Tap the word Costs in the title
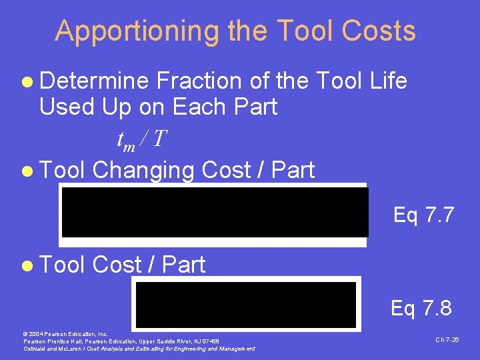(379, 31)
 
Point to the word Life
(386, 81)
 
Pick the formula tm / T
(141, 140)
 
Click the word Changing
(143, 170)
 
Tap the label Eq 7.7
(424, 215)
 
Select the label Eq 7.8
(421, 308)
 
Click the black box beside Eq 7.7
(215, 212)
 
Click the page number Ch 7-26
(447, 339)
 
